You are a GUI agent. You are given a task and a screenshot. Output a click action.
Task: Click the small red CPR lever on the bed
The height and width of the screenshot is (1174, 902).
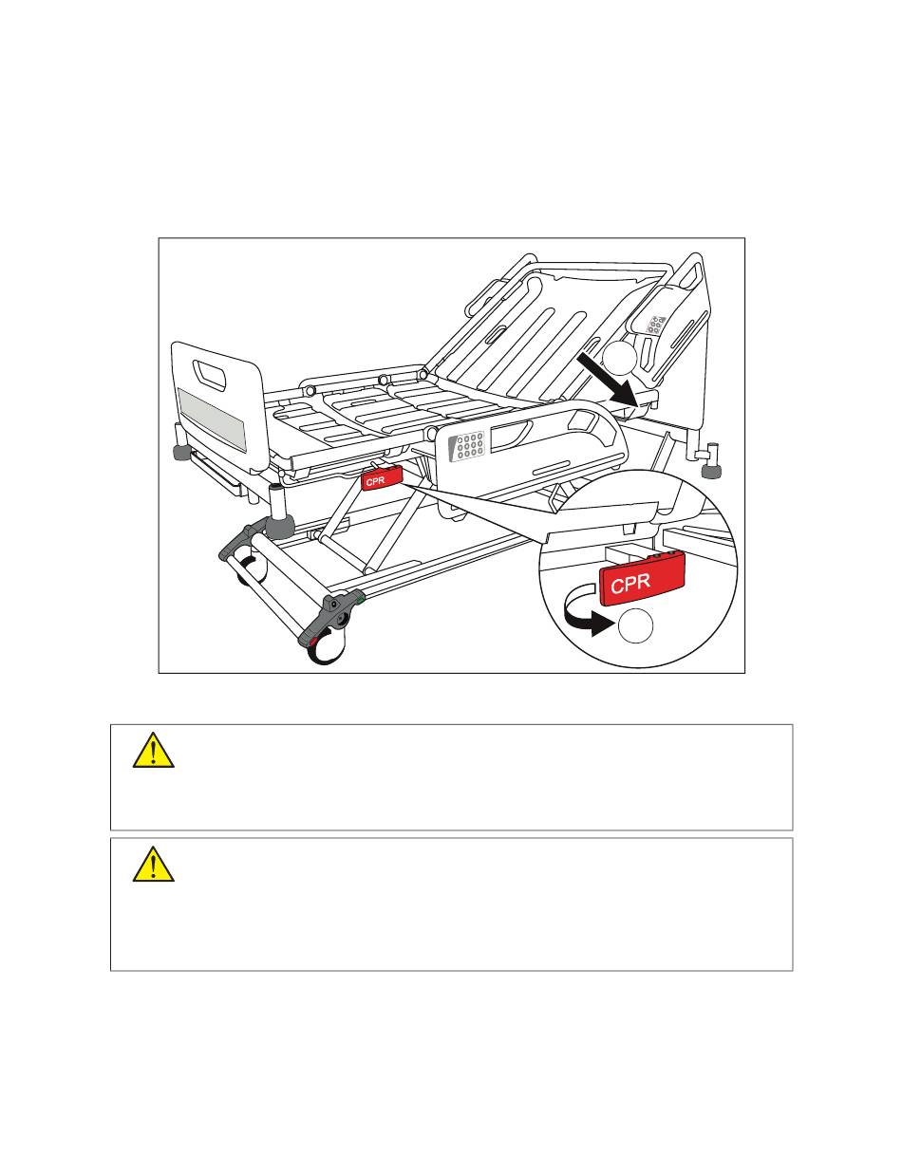(382, 479)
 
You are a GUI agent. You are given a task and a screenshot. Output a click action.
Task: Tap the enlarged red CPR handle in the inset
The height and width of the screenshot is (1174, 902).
(642, 581)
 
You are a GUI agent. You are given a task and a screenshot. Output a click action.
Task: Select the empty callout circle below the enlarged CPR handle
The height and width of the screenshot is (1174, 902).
(635, 625)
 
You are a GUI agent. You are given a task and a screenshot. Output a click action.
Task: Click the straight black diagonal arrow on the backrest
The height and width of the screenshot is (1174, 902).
(609, 380)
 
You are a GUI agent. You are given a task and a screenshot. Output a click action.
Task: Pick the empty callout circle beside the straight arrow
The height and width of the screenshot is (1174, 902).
(619, 358)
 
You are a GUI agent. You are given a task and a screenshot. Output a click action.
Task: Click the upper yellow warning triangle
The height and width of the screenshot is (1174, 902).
(154, 750)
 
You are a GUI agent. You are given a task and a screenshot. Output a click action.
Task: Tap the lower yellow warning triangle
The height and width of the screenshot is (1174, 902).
(154, 864)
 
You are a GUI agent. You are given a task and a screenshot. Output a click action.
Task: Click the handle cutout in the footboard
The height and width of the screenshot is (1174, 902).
(211, 375)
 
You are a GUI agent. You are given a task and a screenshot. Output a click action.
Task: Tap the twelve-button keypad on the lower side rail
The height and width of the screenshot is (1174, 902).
(467, 446)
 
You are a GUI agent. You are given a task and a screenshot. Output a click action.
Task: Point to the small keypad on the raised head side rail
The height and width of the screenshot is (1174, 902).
(654, 324)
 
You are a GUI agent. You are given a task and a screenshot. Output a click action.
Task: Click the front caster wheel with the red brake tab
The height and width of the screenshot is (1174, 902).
(327, 645)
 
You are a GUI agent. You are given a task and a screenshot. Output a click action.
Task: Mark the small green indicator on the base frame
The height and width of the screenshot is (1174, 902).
(360, 599)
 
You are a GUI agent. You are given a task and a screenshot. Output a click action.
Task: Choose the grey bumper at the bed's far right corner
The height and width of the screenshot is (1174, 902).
(709, 473)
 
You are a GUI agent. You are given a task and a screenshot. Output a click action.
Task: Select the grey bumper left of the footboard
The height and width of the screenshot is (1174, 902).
(181, 452)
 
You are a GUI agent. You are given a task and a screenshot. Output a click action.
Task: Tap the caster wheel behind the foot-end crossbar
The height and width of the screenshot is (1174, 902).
(252, 570)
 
